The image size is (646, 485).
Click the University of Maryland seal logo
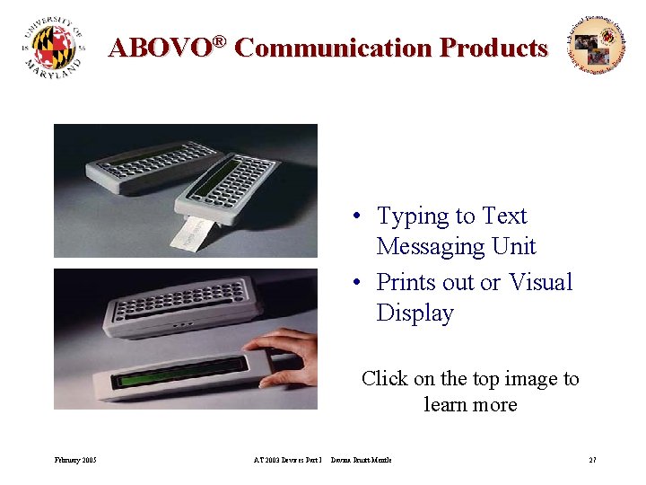55,48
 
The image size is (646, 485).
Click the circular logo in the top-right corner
596,45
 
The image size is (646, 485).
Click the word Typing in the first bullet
412,216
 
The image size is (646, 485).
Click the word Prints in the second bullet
409,282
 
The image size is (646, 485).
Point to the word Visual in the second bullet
540,282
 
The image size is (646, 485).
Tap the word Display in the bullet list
415,313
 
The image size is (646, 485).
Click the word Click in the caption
385,379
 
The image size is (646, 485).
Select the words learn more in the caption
470,404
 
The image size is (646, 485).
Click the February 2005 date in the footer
75,460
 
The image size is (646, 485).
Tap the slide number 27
592,460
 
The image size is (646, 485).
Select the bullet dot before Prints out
356,283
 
